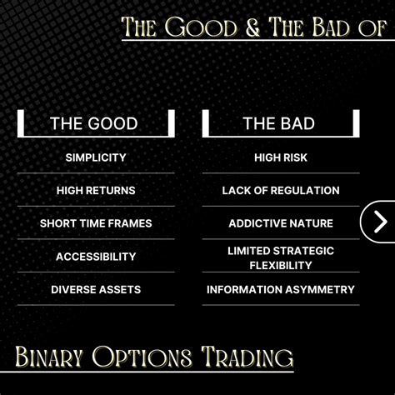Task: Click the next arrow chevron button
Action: [x=380, y=222]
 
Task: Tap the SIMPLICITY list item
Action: [x=96, y=157]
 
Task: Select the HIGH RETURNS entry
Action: [x=96, y=191]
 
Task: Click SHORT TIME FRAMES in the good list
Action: [x=96, y=223]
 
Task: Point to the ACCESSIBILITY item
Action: [x=96, y=257]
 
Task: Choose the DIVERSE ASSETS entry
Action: [x=96, y=289]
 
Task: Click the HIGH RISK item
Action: [x=281, y=157]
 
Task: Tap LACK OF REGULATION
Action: [x=281, y=191]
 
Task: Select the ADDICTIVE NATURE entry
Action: [x=281, y=223]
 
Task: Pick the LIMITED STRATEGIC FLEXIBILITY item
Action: [x=281, y=258]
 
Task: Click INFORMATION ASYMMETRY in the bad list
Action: [x=281, y=289]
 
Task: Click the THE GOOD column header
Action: [x=94, y=123]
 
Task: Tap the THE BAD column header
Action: [x=279, y=123]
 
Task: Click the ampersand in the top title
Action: [x=252, y=27]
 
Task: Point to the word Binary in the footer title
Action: [x=49, y=357]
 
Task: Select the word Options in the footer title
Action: [x=142, y=357]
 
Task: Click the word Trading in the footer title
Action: [x=247, y=357]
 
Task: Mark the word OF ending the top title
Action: [x=372, y=27]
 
